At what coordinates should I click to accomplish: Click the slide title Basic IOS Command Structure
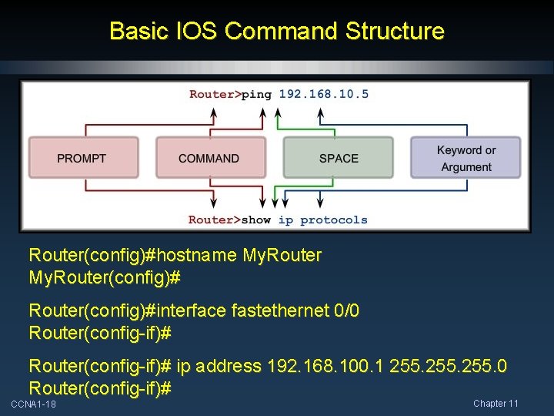coord(276,32)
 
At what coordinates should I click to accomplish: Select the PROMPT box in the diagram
coord(82,158)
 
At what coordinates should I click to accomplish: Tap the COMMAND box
coord(209,158)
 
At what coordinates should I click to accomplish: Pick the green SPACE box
coord(339,158)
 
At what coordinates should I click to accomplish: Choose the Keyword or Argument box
coord(466,158)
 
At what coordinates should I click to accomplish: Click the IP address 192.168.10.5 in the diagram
coord(323,94)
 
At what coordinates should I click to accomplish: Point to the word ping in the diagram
coord(256,94)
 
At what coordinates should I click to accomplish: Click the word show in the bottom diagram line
coord(255,220)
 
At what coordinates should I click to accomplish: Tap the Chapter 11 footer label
coord(496,404)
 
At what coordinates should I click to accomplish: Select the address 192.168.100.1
coord(326,366)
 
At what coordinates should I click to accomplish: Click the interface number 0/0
coord(348,310)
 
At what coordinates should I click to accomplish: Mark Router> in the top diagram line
coord(215,94)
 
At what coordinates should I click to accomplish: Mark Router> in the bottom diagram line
coord(214,220)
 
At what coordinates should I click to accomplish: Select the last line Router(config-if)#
coord(99,387)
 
